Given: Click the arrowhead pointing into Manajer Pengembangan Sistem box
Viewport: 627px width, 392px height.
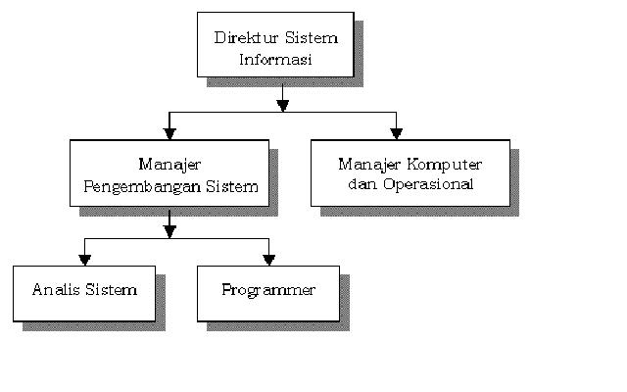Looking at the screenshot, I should click(x=169, y=132).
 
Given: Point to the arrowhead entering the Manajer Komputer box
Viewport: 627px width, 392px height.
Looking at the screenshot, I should click(x=396, y=132).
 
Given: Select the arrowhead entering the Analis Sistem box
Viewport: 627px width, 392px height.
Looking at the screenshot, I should click(x=84, y=259).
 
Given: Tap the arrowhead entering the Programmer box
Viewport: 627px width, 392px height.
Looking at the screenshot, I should click(x=268, y=259).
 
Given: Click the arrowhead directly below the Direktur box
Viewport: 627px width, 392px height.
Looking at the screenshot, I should click(x=283, y=102).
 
